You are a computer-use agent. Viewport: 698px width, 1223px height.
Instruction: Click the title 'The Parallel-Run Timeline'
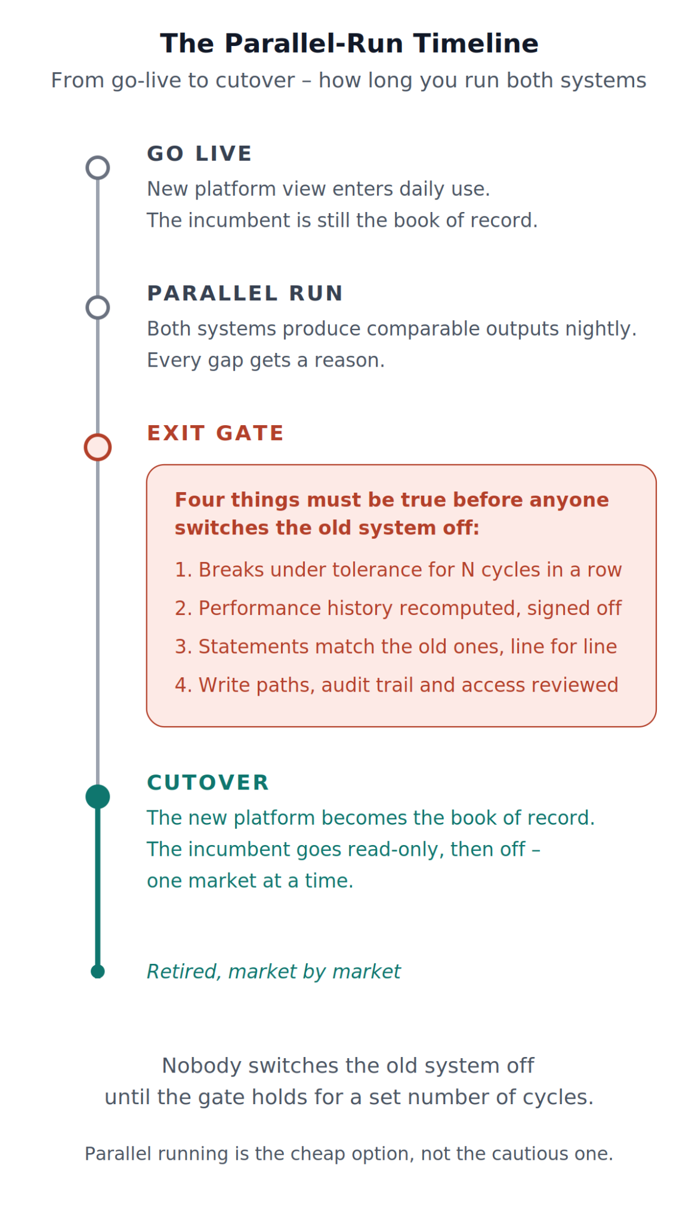[349, 44]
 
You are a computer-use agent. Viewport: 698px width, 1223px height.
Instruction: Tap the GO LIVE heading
[199, 153]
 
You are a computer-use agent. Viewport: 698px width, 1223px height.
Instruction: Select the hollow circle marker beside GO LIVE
[98, 156]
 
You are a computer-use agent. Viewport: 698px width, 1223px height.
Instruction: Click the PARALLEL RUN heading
[245, 293]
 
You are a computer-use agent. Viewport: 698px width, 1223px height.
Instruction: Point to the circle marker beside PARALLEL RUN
[98, 296]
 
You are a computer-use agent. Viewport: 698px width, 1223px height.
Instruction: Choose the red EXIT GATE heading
[215, 433]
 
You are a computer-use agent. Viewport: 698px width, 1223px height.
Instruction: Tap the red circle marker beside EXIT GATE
[98, 435]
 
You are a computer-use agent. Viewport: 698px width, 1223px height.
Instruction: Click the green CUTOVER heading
[208, 782]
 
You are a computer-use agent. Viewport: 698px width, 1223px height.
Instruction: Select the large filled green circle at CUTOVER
[98, 797]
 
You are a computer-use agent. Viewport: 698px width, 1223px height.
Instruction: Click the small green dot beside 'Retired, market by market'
[98, 972]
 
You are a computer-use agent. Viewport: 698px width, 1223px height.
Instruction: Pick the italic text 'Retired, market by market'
[274, 972]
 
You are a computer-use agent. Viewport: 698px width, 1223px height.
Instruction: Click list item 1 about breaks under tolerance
[398, 570]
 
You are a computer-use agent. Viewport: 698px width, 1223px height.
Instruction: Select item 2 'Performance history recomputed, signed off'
[398, 608]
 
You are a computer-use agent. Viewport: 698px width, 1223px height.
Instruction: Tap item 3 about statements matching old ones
[396, 646]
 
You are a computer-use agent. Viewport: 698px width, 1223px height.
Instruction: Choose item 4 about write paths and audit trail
[396, 685]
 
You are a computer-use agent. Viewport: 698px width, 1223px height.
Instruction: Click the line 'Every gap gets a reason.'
[265, 361]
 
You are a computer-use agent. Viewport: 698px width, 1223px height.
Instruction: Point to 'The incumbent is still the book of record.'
[342, 220]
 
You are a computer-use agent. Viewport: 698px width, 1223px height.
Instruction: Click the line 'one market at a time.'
[250, 881]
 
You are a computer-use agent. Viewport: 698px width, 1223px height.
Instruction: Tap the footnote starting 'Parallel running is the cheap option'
[349, 1153]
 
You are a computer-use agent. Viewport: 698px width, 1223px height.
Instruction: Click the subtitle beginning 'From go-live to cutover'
[349, 80]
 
